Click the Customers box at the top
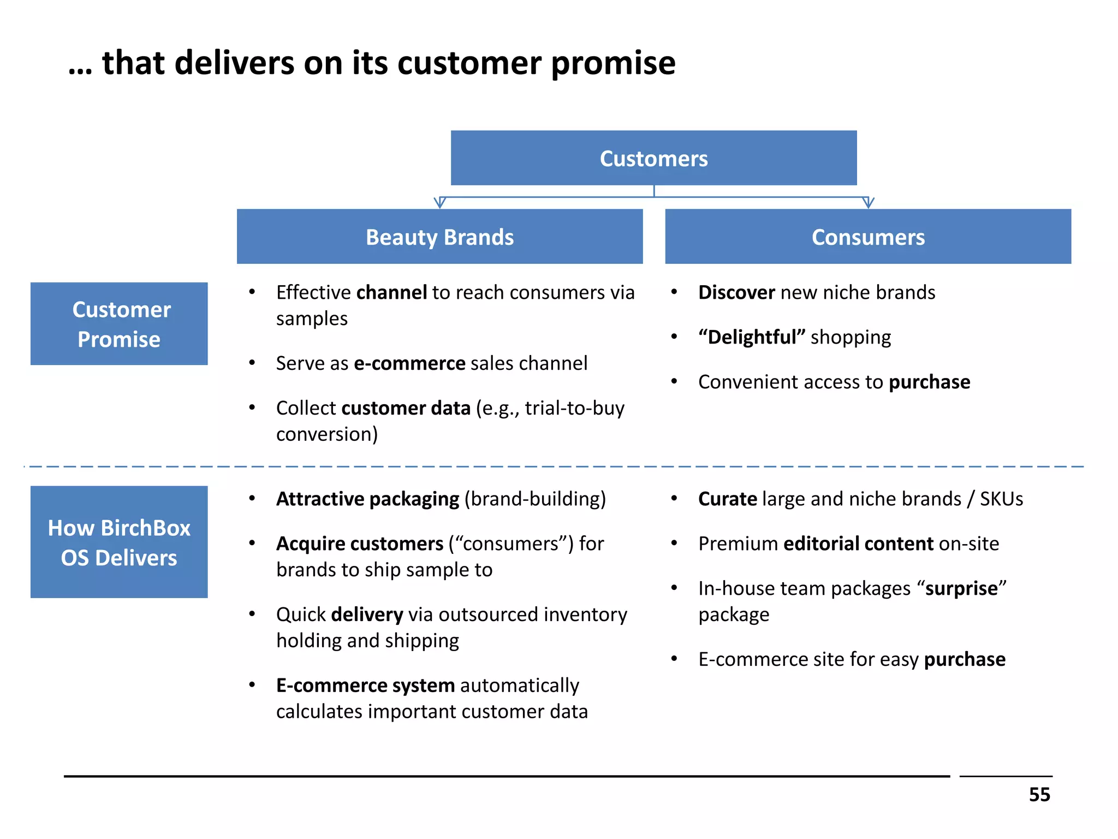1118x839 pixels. click(x=653, y=158)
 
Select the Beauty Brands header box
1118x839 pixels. click(x=439, y=237)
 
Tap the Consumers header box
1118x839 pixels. click(x=868, y=237)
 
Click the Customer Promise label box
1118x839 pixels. click(x=119, y=324)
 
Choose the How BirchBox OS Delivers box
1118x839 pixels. click(x=119, y=542)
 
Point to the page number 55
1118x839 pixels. click(x=1039, y=795)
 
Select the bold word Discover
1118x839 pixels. click(x=736, y=293)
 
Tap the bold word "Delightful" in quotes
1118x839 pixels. click(x=752, y=338)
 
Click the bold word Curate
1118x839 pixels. click(x=728, y=499)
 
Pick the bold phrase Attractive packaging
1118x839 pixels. click(x=367, y=499)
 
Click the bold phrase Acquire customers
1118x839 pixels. click(x=360, y=544)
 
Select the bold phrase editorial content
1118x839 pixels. click(x=858, y=544)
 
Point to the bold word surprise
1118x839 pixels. click(x=961, y=589)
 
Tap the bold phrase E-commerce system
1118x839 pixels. click(x=365, y=686)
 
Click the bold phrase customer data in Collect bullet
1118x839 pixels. click(x=406, y=409)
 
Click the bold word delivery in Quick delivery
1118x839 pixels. click(x=367, y=615)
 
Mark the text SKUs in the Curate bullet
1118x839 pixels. click(x=1001, y=499)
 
